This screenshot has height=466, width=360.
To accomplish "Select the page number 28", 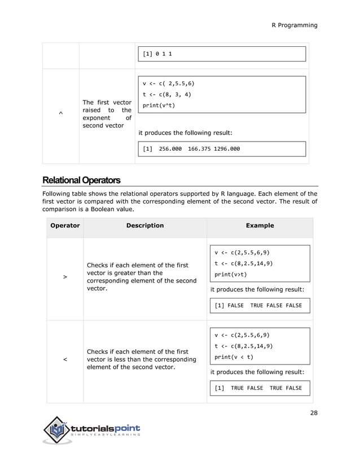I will (314, 412).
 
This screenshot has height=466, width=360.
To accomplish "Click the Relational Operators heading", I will (81, 181).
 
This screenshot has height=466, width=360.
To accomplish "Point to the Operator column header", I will (65, 226).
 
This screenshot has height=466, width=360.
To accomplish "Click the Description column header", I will (145, 226).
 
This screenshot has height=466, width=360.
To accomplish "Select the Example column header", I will (260, 226).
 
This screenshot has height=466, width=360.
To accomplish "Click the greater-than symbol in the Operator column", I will (65, 277).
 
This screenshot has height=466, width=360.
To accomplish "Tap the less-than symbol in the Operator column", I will (65, 359).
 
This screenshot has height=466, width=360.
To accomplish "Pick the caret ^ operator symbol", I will (60, 114).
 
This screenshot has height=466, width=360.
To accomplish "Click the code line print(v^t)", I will (159, 105).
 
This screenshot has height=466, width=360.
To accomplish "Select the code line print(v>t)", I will (230, 275).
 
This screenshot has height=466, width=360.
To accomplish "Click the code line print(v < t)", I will (234, 357).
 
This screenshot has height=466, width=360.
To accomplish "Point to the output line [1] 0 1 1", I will (157, 54).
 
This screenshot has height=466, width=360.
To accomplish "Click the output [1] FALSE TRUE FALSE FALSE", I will (258, 305).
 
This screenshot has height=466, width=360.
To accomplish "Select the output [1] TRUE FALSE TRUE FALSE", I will (258, 388).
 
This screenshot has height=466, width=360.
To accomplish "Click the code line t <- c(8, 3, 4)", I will (166, 94).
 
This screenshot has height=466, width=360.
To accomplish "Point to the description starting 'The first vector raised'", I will (107, 114).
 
